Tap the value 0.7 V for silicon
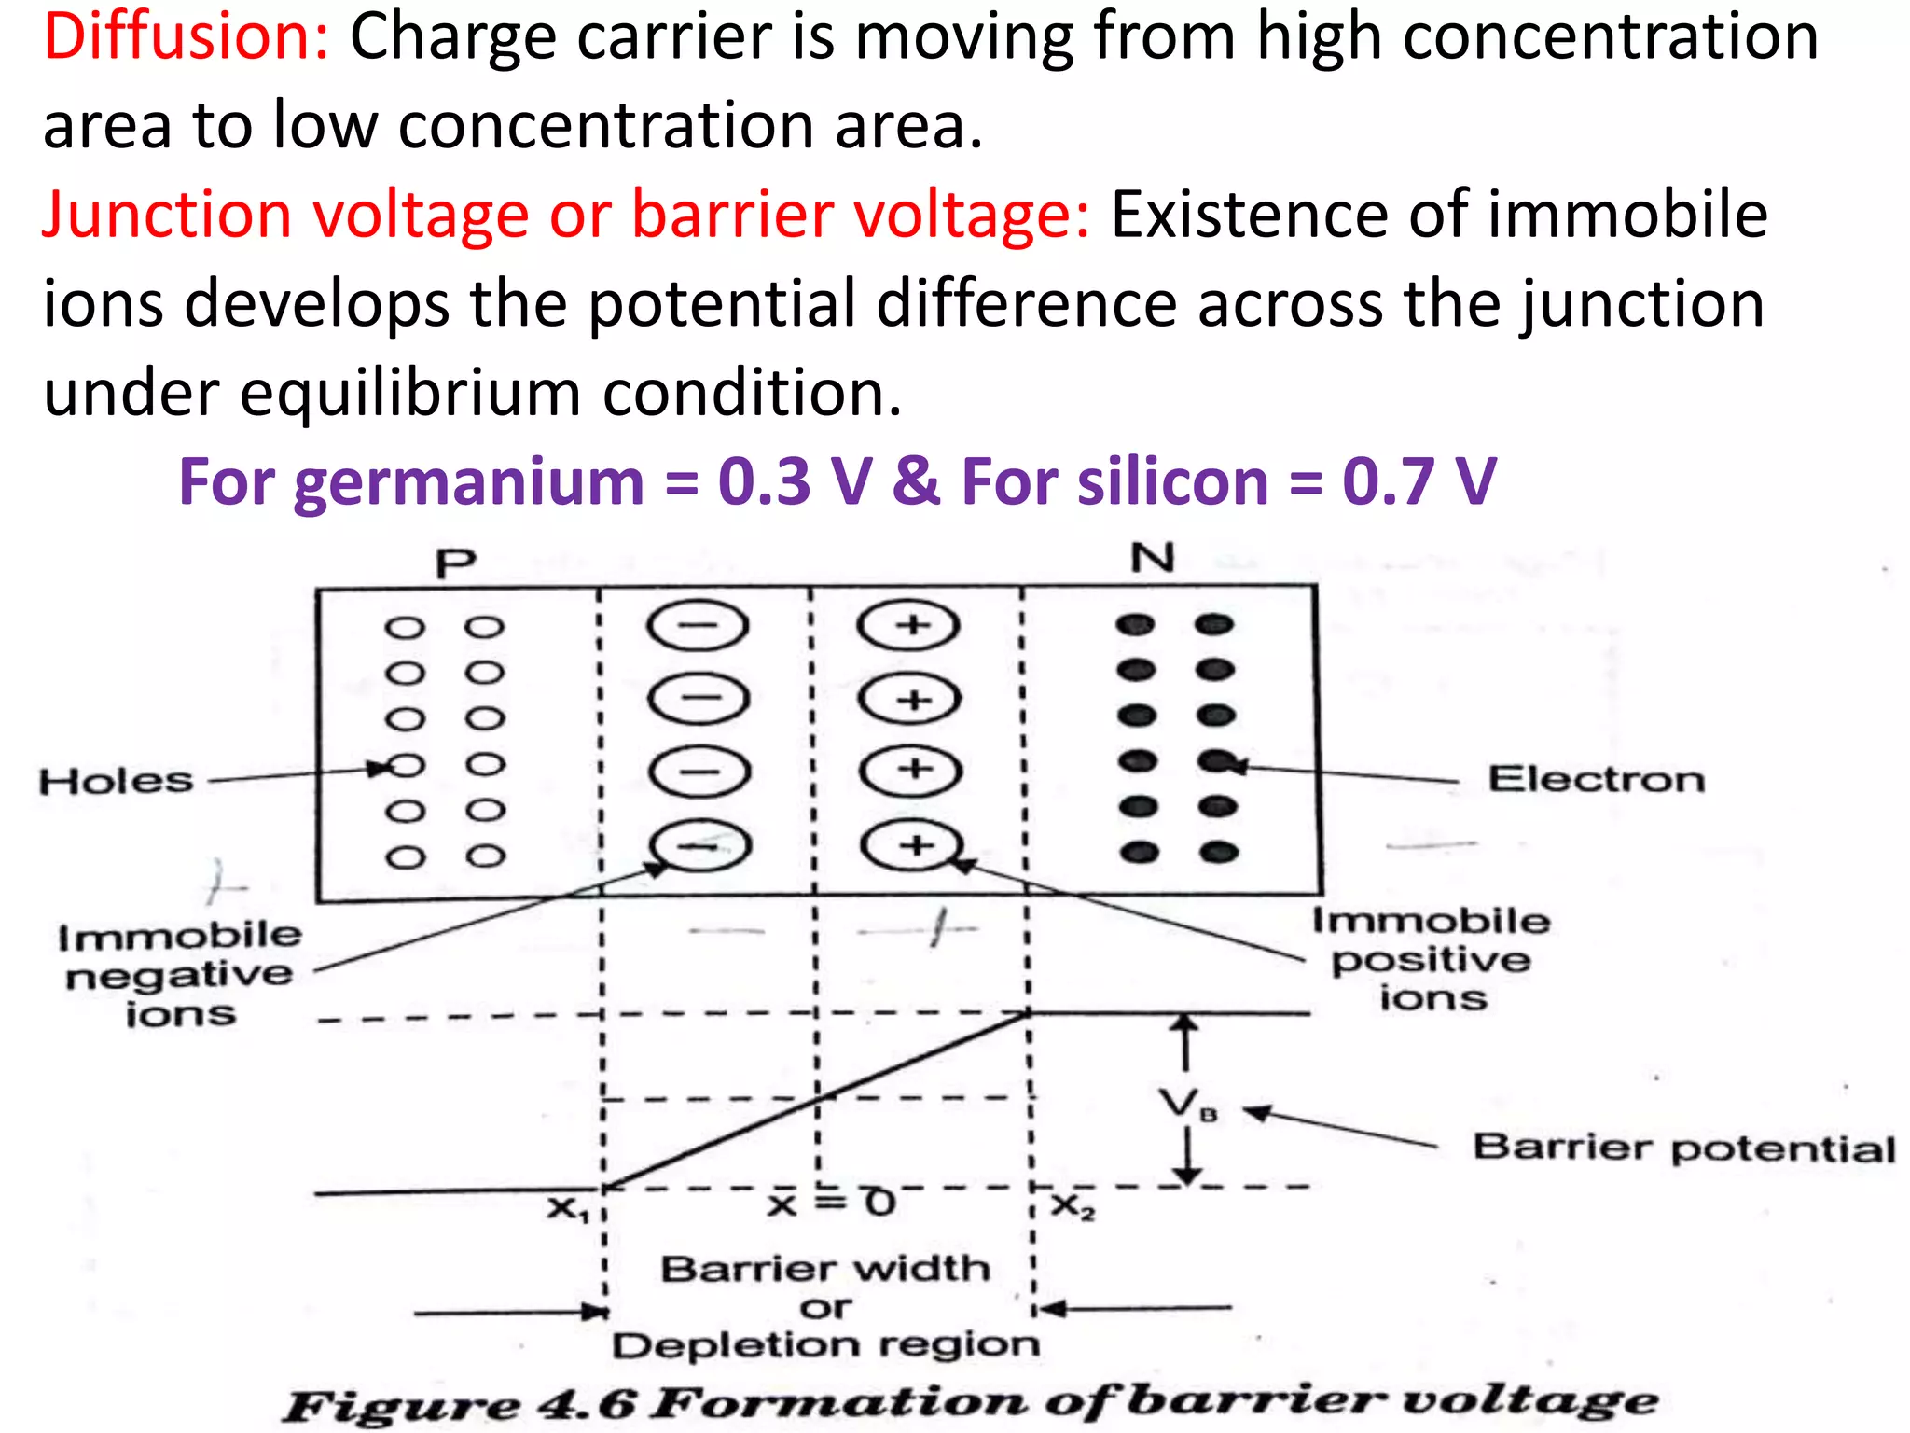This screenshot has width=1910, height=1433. pyautogui.click(x=1419, y=482)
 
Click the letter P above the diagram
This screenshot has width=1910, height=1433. pyautogui.click(x=456, y=563)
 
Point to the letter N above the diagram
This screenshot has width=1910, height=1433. pyautogui.click(x=1153, y=559)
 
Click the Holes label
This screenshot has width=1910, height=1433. pyautogui.click(x=116, y=781)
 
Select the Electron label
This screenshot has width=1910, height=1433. pyautogui.click(x=1596, y=779)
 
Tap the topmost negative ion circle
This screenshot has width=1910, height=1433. pyautogui.click(x=698, y=625)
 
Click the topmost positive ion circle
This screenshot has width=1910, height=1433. pyautogui.click(x=909, y=625)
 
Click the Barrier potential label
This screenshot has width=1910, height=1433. pyautogui.click(x=1683, y=1148)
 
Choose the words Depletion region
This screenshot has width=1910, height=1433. pyautogui.click(x=825, y=1345)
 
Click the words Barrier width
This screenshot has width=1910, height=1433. pyautogui.click(x=825, y=1269)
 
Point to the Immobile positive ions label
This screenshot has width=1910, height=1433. pyautogui.click(x=1432, y=959)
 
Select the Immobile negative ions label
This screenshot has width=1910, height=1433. pyautogui.click(x=179, y=974)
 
